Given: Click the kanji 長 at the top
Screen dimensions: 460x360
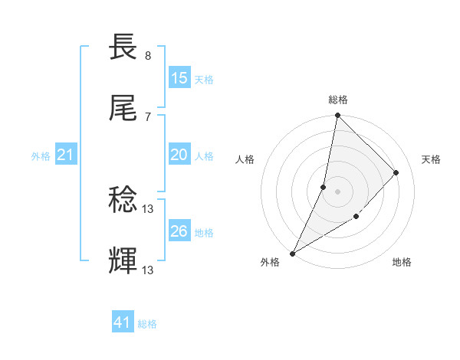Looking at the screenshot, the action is click(x=124, y=47).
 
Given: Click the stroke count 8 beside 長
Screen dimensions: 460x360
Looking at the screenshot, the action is click(x=148, y=56).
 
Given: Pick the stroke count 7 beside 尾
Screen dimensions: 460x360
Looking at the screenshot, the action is click(x=148, y=116).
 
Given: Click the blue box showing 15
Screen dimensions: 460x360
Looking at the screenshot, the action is click(x=179, y=78).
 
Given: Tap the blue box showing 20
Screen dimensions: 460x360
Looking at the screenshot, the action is click(x=179, y=155).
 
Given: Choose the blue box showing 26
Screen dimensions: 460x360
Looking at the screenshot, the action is click(x=179, y=231).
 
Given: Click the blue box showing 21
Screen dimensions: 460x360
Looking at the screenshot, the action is click(x=65, y=155).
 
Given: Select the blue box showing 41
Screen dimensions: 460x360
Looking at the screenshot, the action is click(x=123, y=322).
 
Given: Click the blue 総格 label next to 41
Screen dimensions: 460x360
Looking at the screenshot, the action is click(x=147, y=324).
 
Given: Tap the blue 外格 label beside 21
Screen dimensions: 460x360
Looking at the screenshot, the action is click(x=41, y=156).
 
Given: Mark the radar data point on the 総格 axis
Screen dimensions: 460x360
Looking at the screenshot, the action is click(x=337, y=115).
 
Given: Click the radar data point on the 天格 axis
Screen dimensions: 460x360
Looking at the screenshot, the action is click(x=396, y=172).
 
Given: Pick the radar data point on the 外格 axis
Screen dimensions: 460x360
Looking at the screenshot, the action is click(x=292, y=254).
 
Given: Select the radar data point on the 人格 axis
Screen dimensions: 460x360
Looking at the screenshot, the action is click(x=324, y=187).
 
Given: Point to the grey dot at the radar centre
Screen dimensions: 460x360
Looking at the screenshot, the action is click(x=337, y=191).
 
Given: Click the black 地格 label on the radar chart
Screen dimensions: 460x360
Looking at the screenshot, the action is click(x=402, y=263).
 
